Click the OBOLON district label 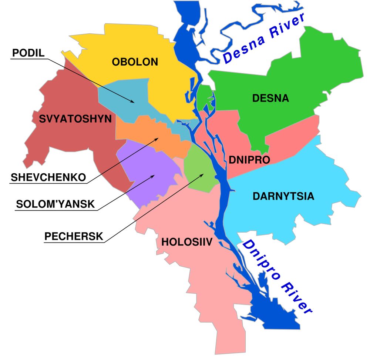click(135, 62)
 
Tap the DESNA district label click(270, 99)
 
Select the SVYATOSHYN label click(75, 119)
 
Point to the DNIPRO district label click(249, 160)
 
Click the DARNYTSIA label click(283, 196)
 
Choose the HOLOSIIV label click(186, 243)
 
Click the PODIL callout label click(28, 53)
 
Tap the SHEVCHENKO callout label click(48, 177)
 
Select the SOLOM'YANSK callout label click(55, 204)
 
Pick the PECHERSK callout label click(73, 236)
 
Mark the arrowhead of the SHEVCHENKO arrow click(158, 139)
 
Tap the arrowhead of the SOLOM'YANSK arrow click(154, 176)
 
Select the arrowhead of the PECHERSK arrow click(203, 174)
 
